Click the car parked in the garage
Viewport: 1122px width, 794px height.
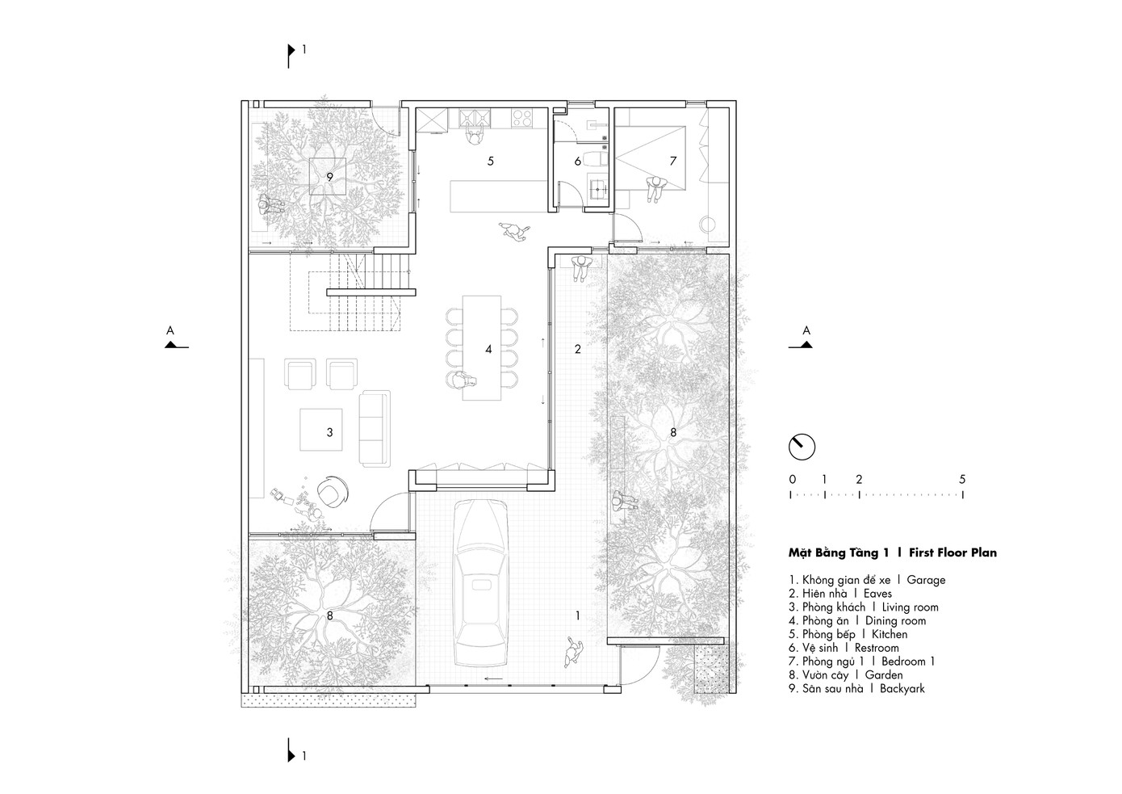(x=480, y=583)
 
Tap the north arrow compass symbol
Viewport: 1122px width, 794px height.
(x=802, y=447)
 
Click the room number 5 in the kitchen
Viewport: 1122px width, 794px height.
(x=491, y=161)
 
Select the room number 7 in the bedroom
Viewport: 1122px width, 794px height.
(x=672, y=161)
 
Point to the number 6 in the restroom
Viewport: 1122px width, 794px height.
(x=577, y=162)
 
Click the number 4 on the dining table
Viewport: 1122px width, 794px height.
(x=488, y=350)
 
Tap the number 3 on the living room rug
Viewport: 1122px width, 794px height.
(x=329, y=432)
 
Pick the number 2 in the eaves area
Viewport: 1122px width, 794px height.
(x=577, y=350)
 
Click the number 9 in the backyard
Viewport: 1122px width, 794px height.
(x=329, y=177)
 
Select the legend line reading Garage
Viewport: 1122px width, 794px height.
(x=867, y=580)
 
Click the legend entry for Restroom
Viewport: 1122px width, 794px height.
(x=844, y=648)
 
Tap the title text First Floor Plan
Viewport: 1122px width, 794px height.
(x=952, y=552)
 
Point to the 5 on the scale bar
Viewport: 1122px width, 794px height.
(x=961, y=479)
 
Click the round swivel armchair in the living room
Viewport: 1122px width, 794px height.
(x=333, y=491)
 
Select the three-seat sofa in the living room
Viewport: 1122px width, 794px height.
(x=375, y=429)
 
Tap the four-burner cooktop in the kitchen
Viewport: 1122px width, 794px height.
(x=521, y=118)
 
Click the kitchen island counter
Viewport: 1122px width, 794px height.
(x=499, y=196)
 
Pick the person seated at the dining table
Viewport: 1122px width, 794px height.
(x=462, y=382)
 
